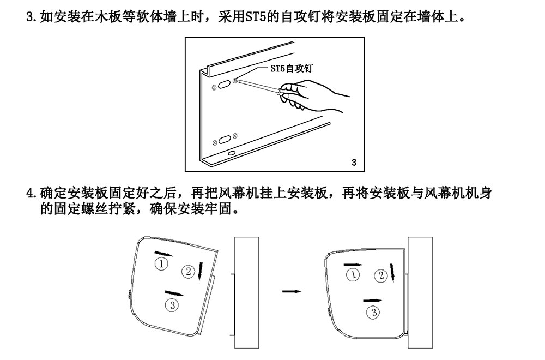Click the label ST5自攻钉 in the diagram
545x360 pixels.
pyautogui.click(x=294, y=69)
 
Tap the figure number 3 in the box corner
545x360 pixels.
pyautogui.click(x=354, y=162)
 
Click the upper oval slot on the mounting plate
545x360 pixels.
pyautogui.click(x=224, y=85)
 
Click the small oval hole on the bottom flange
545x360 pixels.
pyautogui.click(x=232, y=155)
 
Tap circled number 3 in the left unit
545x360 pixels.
pyautogui.click(x=172, y=305)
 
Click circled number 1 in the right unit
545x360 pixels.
pyautogui.click(x=353, y=274)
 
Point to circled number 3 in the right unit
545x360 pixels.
pyautogui.click(x=373, y=312)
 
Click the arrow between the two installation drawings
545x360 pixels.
pyautogui.click(x=292, y=291)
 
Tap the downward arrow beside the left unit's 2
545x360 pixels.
pyautogui.click(x=202, y=270)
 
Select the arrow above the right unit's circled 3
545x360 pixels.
pyautogui.click(x=372, y=300)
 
